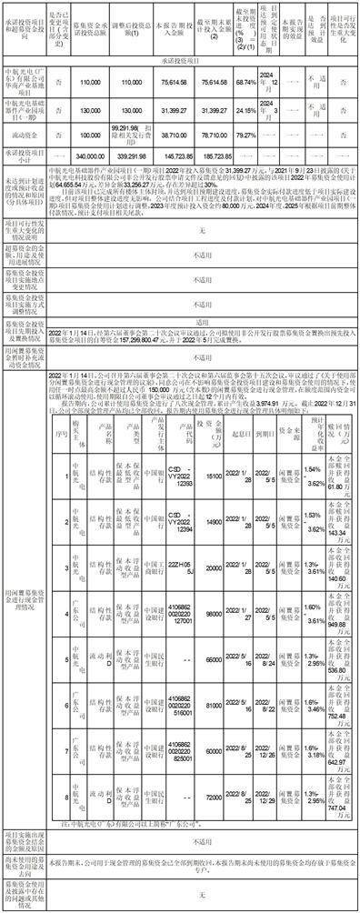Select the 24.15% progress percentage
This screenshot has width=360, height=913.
[244, 137]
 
